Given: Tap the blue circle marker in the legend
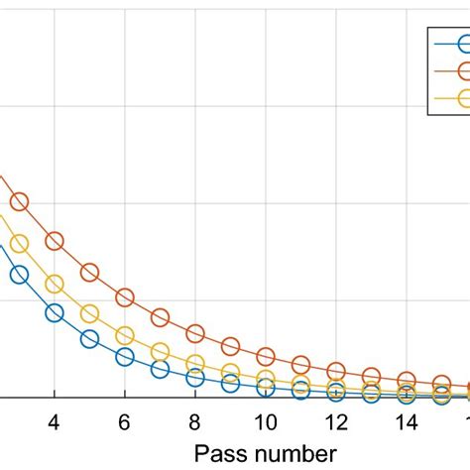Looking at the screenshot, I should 462,42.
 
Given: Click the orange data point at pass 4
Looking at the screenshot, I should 55,241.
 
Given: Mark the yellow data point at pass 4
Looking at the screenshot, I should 55,285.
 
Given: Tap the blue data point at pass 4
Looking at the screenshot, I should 55,312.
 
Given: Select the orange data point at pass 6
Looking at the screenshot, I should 125,296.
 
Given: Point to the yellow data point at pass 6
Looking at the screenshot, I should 125,335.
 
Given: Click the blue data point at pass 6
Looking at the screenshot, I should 125,356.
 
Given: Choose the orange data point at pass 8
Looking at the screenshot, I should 195,333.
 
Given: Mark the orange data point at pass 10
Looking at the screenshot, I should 265,356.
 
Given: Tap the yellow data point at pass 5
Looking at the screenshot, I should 89,313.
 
